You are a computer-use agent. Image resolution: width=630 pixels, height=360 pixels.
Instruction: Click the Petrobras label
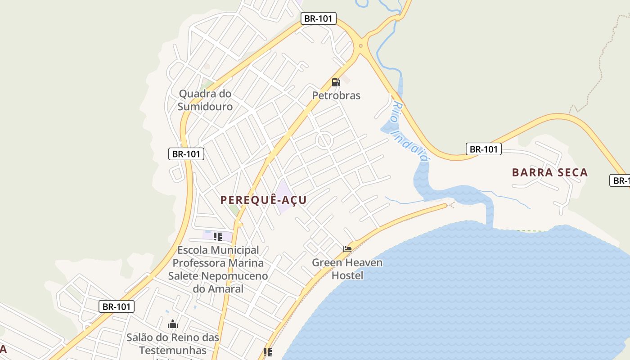336,95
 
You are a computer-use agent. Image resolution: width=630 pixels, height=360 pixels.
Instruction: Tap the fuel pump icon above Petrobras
336,82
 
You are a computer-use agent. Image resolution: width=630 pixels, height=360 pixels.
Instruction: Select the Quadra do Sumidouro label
205,100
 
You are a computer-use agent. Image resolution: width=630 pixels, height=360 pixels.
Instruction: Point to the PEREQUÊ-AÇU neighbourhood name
264,200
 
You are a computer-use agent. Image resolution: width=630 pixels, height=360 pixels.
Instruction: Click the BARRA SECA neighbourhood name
550,172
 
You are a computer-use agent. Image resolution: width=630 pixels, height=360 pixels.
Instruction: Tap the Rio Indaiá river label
408,131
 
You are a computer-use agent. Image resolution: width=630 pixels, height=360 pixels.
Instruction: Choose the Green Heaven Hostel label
347,269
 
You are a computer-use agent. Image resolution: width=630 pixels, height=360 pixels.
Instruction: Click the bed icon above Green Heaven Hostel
347,249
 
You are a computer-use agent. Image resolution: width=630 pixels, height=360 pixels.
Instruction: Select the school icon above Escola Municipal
218,236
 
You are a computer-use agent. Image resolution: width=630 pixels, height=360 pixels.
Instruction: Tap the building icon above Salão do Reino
173,324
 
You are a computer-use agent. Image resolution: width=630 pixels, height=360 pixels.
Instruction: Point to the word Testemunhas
173,350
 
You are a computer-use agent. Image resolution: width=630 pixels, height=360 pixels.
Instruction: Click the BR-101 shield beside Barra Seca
483,149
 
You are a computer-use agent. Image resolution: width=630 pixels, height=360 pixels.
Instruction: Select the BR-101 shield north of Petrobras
319,18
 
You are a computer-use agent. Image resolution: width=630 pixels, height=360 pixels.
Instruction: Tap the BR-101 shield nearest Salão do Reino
117,307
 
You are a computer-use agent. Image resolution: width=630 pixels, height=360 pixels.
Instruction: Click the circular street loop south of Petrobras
324,140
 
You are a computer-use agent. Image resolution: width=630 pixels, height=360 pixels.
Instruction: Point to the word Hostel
347,275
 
